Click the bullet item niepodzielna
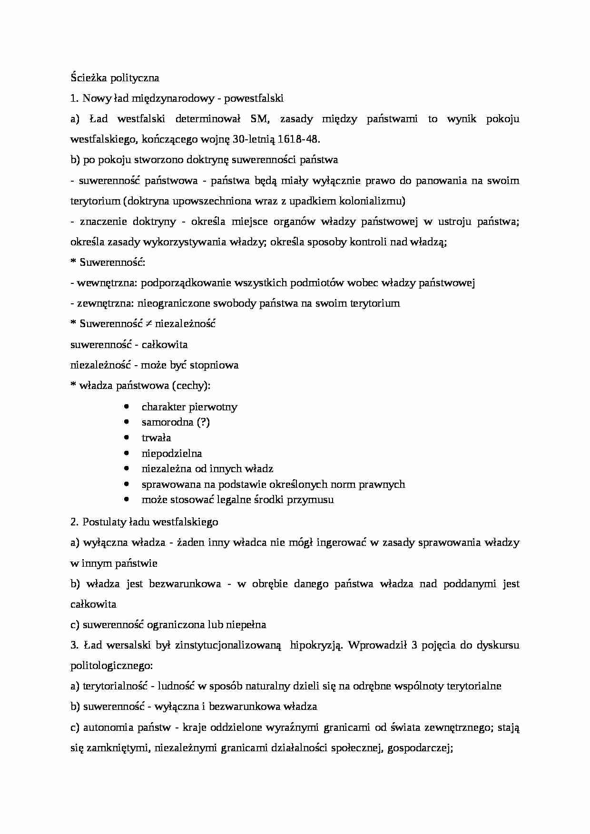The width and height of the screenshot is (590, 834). point(172,453)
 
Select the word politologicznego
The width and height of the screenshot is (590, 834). point(111,665)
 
